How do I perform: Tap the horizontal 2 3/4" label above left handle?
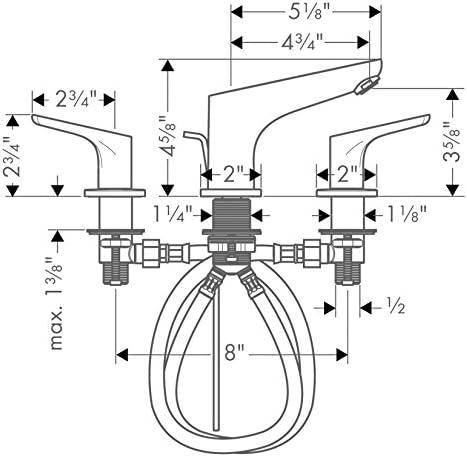[x=73, y=100]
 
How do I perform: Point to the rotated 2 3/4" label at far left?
[x=12, y=157]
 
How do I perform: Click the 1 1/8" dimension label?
[x=407, y=213]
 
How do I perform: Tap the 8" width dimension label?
[x=232, y=354]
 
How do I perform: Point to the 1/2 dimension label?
[x=397, y=307]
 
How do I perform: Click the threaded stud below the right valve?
[x=347, y=268]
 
